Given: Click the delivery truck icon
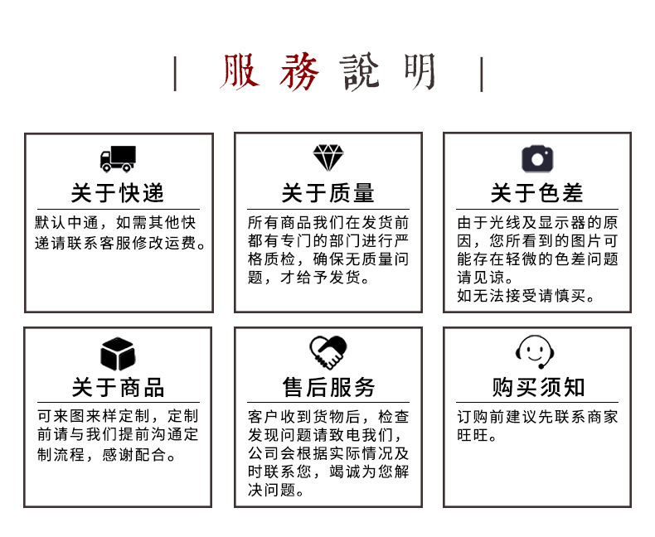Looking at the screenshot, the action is pyautogui.click(x=118, y=158).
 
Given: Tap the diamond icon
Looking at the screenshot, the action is pyautogui.click(x=327, y=157).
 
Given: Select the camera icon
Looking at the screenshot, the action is pyautogui.click(x=537, y=158).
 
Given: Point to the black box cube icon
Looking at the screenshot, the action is pyautogui.click(x=118, y=354).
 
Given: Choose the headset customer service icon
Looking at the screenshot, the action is pyautogui.click(x=537, y=352).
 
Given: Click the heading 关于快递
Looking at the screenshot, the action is pyautogui.click(x=118, y=194).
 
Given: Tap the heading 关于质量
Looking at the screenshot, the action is pyautogui.click(x=327, y=194).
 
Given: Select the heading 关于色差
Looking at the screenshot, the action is pyautogui.click(x=537, y=194).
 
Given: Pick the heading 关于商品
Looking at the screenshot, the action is pyautogui.click(x=118, y=388).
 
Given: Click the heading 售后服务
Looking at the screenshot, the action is pyautogui.click(x=327, y=388).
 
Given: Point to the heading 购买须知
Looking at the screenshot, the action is pyautogui.click(x=537, y=388).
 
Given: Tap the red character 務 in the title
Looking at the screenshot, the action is pyautogui.click(x=298, y=73).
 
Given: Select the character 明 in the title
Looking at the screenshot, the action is pyautogui.click(x=420, y=73).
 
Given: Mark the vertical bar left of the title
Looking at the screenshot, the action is pyautogui.click(x=175, y=75).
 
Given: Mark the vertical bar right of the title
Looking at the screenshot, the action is pyautogui.click(x=482, y=75).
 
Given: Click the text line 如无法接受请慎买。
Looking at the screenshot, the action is pyautogui.click(x=526, y=296).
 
